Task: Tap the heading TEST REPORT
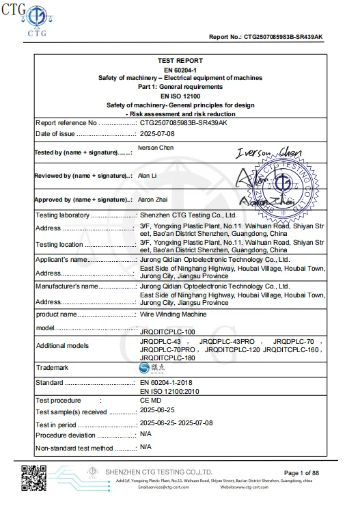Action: tap(180, 61)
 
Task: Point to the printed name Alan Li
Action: tap(148, 175)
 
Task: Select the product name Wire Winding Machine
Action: tap(174, 314)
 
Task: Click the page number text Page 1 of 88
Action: tap(301, 473)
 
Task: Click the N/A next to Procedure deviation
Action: tap(146, 434)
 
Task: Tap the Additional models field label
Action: tap(62, 345)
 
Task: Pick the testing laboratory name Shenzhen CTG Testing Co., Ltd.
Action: tap(188, 215)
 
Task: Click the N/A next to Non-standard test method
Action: tap(146, 447)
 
